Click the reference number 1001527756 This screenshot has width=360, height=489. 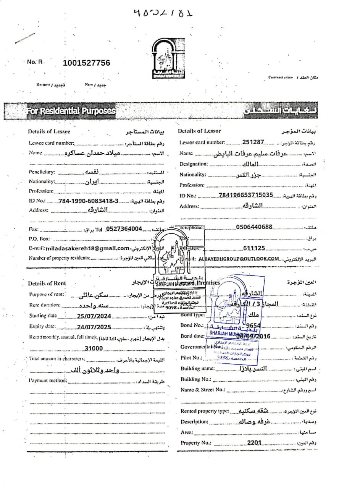86,63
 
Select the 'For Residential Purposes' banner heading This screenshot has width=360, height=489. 71,111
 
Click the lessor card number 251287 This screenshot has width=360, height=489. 253,142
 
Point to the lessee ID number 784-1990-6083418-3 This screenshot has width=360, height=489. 89,201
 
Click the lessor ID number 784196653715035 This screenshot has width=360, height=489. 246,195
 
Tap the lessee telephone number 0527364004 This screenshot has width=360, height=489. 124,229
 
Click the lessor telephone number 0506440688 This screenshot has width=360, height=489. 254,227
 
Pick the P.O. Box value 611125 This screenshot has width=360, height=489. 254,248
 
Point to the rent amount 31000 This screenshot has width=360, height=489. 94,348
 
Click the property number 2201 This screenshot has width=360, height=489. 254,443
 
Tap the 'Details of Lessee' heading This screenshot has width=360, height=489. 49,132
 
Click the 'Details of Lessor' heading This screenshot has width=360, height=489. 199,131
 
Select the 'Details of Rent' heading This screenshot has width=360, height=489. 47,283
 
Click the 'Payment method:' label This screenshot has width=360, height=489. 48,381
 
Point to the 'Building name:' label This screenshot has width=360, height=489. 198,369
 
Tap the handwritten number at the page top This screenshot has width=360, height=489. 163,13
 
